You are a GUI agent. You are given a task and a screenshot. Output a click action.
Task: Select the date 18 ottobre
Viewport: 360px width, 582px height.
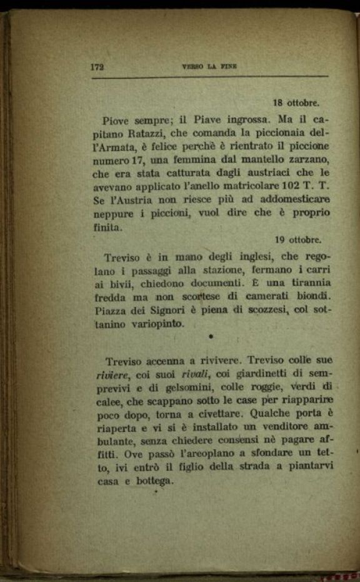(296, 103)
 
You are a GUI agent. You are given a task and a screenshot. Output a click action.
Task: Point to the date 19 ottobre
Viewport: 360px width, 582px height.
(298, 239)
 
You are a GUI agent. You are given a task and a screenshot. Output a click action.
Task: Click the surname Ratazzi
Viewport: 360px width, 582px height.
(146, 133)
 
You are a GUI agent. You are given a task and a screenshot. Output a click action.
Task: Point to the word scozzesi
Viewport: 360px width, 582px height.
(271, 311)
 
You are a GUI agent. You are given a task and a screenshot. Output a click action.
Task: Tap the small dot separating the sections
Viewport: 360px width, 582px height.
(211, 336)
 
